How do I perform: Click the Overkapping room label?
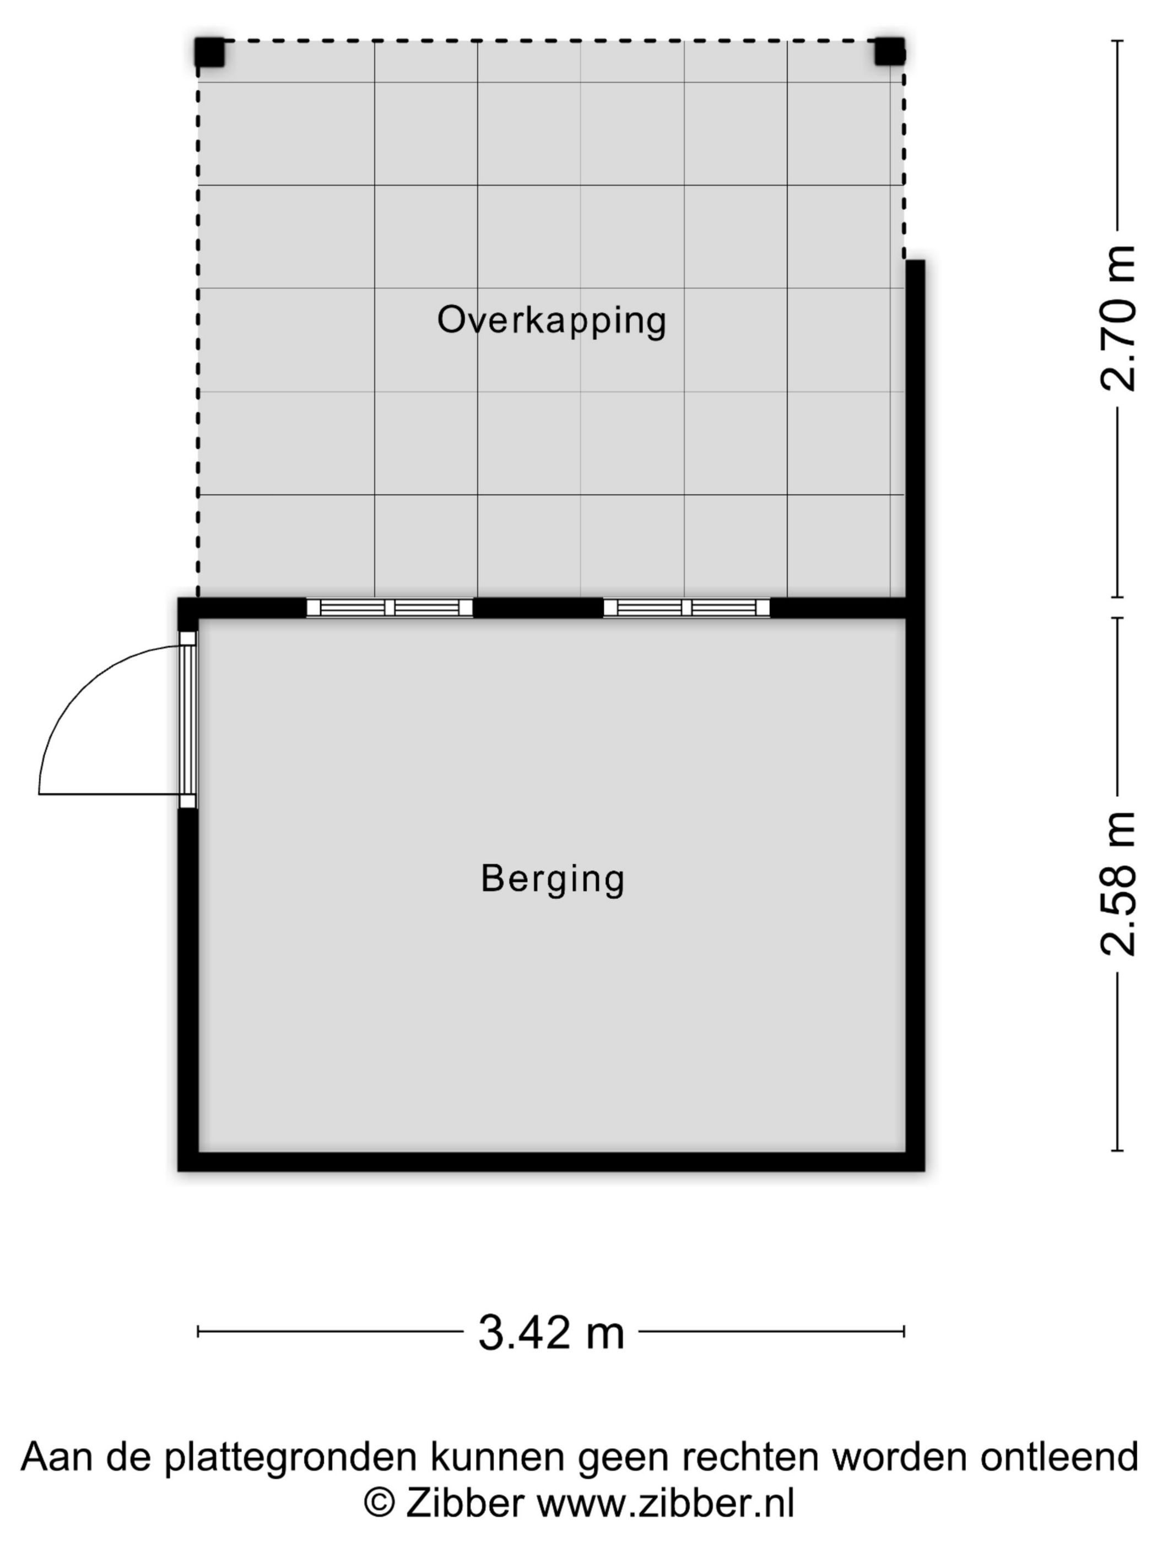point(552,321)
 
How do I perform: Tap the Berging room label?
point(553,878)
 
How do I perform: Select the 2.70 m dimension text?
point(1118,318)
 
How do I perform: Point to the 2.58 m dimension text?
point(1118,884)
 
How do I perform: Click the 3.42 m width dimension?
point(551,1332)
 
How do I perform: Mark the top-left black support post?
point(209,52)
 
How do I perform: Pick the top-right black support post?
point(890,52)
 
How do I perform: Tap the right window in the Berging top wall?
point(686,608)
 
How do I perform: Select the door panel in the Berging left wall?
point(188,719)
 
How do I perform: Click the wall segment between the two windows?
point(538,608)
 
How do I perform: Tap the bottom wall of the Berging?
point(551,1161)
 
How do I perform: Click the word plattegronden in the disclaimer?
point(294,1457)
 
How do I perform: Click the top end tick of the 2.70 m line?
point(1117,41)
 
